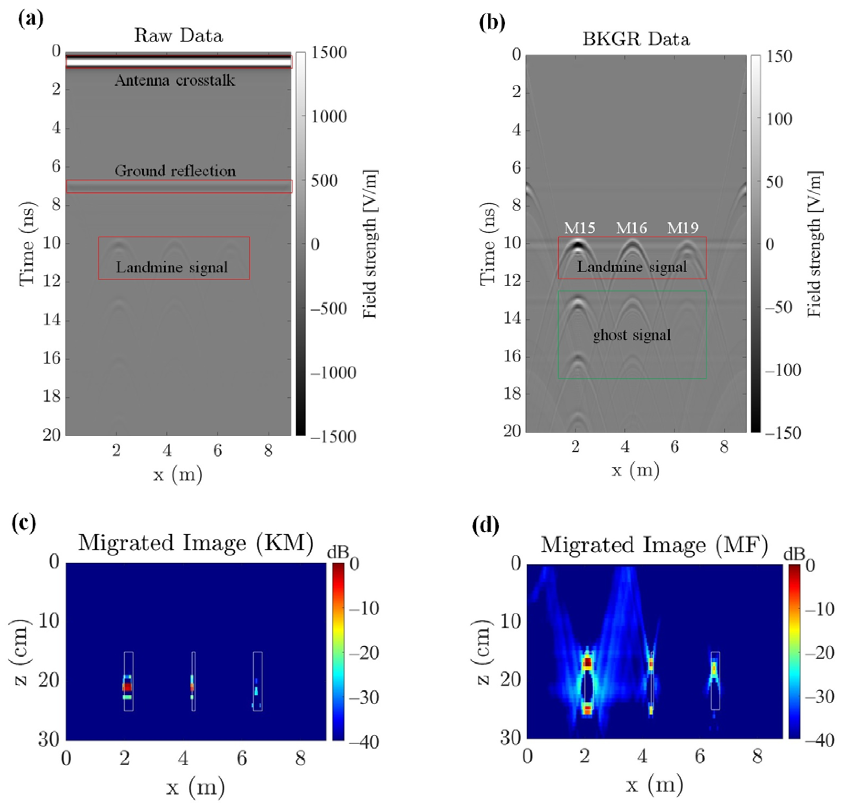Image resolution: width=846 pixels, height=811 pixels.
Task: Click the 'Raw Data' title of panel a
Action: (178, 35)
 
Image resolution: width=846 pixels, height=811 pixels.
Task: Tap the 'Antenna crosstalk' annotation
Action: (175, 80)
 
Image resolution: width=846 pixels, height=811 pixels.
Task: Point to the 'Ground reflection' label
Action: (175, 171)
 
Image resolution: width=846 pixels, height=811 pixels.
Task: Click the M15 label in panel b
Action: (579, 227)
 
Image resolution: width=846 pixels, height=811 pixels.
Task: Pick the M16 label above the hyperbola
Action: (631, 227)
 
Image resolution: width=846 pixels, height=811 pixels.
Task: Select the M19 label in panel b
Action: (683, 227)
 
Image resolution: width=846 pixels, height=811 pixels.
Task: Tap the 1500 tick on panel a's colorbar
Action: (329, 53)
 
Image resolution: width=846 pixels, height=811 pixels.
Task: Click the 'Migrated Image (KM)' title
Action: (196, 543)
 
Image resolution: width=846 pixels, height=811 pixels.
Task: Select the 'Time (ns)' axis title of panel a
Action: (27, 244)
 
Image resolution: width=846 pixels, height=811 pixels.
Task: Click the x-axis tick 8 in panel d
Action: (758, 757)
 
